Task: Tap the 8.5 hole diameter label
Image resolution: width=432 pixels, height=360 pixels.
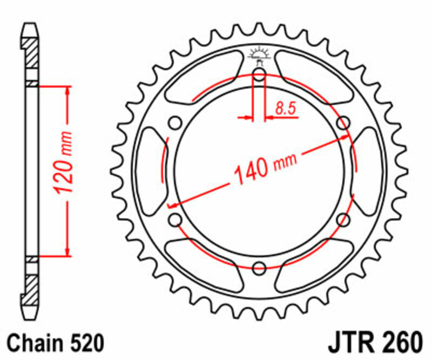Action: (285, 108)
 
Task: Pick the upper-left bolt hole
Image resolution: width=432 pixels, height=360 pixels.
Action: (175, 123)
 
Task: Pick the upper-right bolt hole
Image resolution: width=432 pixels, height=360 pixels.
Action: (343, 123)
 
